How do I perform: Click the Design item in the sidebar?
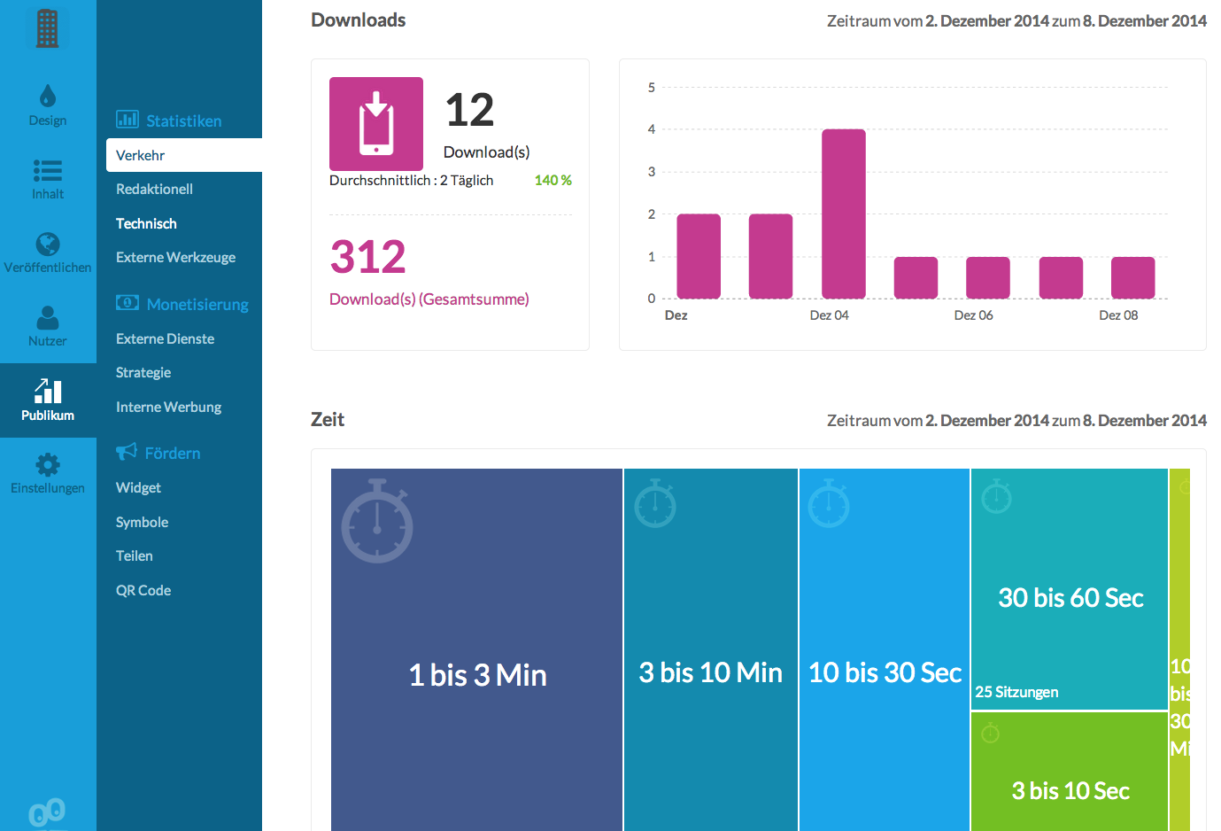pyautogui.click(x=48, y=105)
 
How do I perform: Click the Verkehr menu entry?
pyautogui.click(x=141, y=155)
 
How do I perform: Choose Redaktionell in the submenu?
pyautogui.click(x=154, y=189)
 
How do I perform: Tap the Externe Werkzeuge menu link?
pyautogui.click(x=175, y=257)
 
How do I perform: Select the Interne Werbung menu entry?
pyautogui.click(x=168, y=407)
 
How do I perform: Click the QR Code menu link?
pyautogui.click(x=143, y=590)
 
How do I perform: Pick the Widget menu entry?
pyautogui.click(x=138, y=487)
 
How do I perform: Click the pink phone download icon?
pyautogui.click(x=376, y=124)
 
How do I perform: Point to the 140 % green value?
pyautogui.click(x=553, y=180)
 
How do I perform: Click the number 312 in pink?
pyautogui.click(x=367, y=257)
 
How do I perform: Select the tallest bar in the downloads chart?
pyautogui.click(x=843, y=214)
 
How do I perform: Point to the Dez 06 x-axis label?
pyautogui.click(x=973, y=315)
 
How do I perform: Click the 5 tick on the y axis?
pyautogui.click(x=652, y=88)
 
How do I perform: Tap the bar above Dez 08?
pyautogui.click(x=1132, y=277)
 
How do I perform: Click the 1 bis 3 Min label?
pyautogui.click(x=477, y=675)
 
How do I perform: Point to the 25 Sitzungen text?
pyautogui.click(x=1016, y=692)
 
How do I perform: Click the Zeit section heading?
pyautogui.click(x=328, y=420)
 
